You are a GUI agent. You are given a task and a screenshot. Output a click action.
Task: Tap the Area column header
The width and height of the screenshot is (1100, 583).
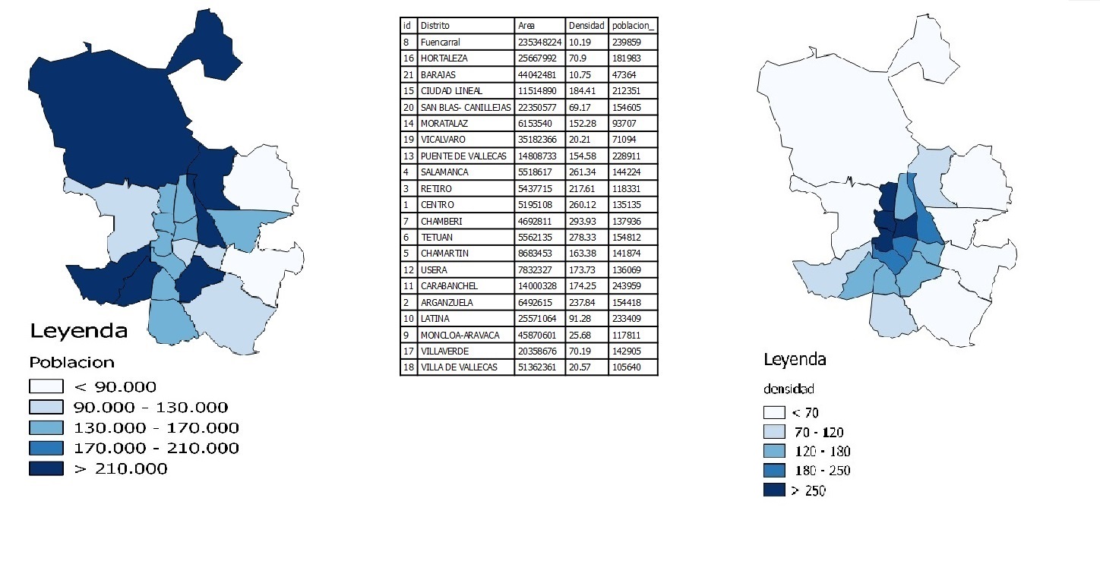526,26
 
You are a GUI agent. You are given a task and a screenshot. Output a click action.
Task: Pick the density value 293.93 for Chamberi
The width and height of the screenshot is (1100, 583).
582,221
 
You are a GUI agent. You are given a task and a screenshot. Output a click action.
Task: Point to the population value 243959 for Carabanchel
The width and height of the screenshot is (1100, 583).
627,286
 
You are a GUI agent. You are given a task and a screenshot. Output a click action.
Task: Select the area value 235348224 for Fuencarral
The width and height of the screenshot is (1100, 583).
539,42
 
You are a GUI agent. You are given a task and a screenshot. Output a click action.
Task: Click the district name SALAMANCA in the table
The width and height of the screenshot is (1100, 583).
444,172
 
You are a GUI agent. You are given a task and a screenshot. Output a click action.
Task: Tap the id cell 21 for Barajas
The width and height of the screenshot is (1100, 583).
408,74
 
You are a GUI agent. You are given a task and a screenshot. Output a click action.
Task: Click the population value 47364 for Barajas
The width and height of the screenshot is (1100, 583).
624,74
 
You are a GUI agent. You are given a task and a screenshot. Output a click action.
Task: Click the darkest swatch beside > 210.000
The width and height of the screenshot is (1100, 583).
46,469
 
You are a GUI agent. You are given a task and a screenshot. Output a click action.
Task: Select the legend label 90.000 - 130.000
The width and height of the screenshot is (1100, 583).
150,408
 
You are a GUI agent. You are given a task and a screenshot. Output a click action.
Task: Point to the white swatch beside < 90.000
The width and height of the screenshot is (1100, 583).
46,387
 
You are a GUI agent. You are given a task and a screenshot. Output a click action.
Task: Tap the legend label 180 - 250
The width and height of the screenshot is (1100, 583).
820,471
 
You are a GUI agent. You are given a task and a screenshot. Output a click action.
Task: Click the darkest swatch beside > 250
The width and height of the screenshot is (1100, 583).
773,490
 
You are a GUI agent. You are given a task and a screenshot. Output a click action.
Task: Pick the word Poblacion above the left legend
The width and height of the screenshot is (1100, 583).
71,362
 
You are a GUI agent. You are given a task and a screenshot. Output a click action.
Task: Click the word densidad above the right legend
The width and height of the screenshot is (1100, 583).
789,389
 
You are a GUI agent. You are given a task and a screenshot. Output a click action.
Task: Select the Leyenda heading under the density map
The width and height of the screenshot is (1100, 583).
795,360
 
